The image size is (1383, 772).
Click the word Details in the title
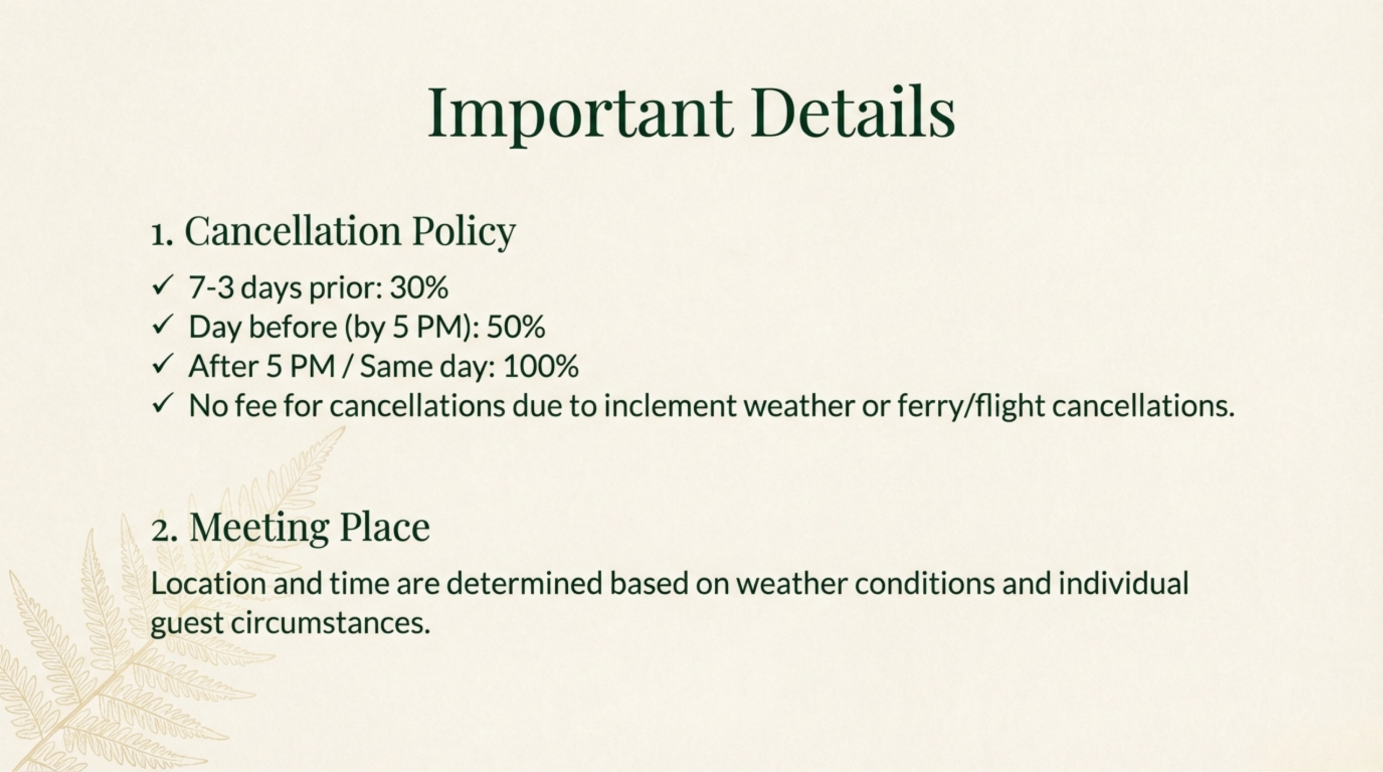coord(852,113)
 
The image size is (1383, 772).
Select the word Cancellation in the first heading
coord(292,231)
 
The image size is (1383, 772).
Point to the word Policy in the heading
coord(464,232)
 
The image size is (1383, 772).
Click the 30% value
coord(419,287)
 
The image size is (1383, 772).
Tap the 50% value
coord(515,327)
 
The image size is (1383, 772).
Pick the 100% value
coord(541,366)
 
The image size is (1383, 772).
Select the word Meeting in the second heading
coord(259,527)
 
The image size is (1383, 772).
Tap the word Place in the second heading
coord(385,527)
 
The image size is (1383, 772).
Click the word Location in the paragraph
coord(208,583)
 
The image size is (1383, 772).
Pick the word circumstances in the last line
coord(330,623)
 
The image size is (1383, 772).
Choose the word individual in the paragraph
coord(1123,583)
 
